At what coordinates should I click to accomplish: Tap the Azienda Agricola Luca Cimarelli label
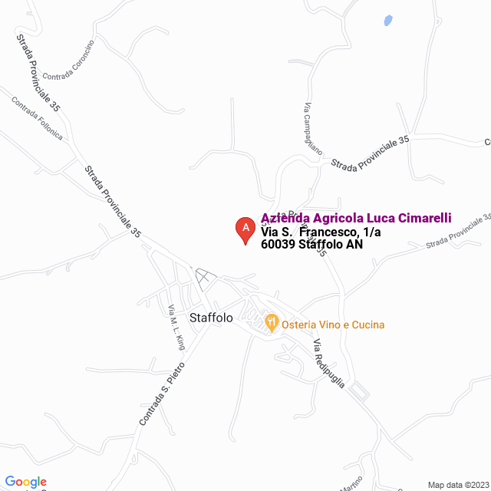356,218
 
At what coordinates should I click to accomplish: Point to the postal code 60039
278,245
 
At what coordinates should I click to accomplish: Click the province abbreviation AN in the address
354,245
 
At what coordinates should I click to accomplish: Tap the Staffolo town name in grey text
210,317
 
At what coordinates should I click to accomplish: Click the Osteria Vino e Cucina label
333,325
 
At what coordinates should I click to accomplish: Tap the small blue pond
388,21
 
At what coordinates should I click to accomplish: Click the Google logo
25,482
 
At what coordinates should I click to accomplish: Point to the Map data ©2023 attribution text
456,485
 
